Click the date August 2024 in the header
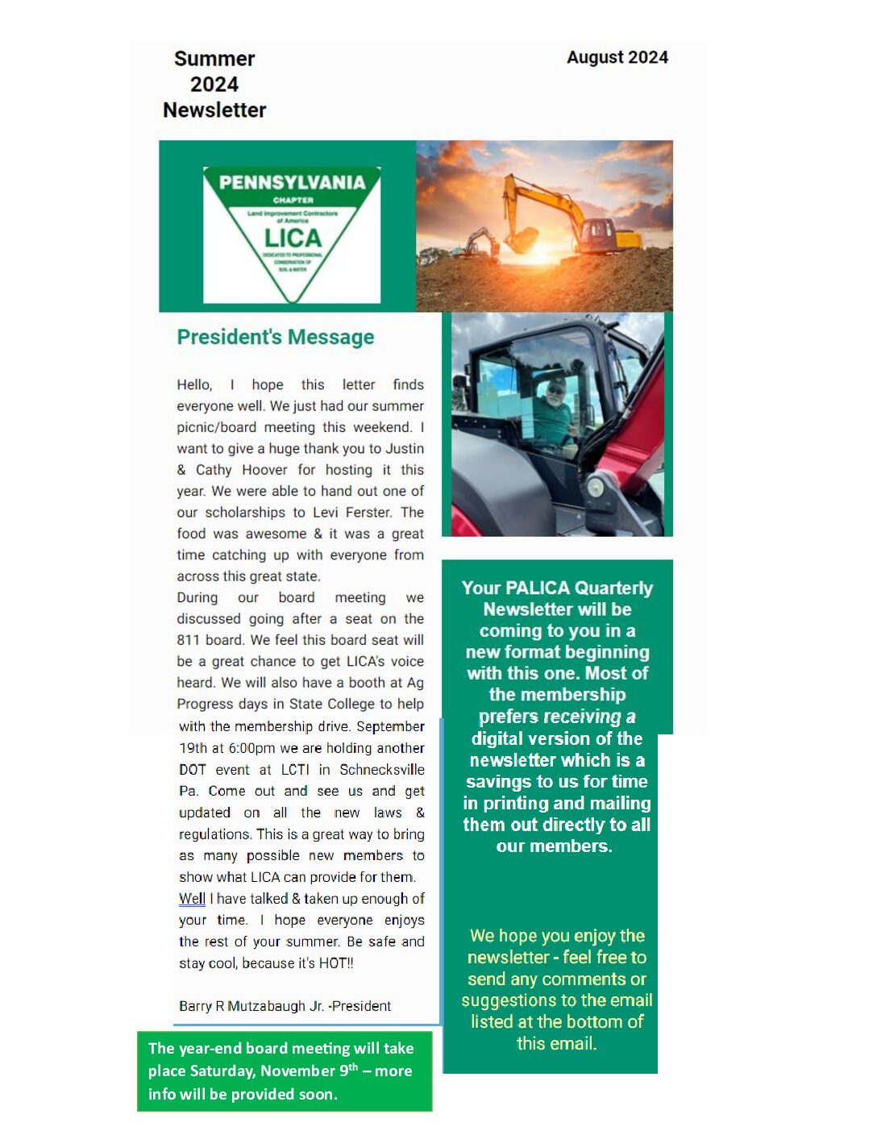[x=617, y=57]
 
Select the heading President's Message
[x=276, y=337]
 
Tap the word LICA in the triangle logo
[x=293, y=238]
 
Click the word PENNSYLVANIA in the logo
[x=292, y=182]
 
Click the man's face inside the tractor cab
[x=556, y=393]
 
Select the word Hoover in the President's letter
[x=264, y=469]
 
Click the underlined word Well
[x=192, y=898]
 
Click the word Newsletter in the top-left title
[x=214, y=110]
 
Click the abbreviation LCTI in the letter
[x=295, y=769]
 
